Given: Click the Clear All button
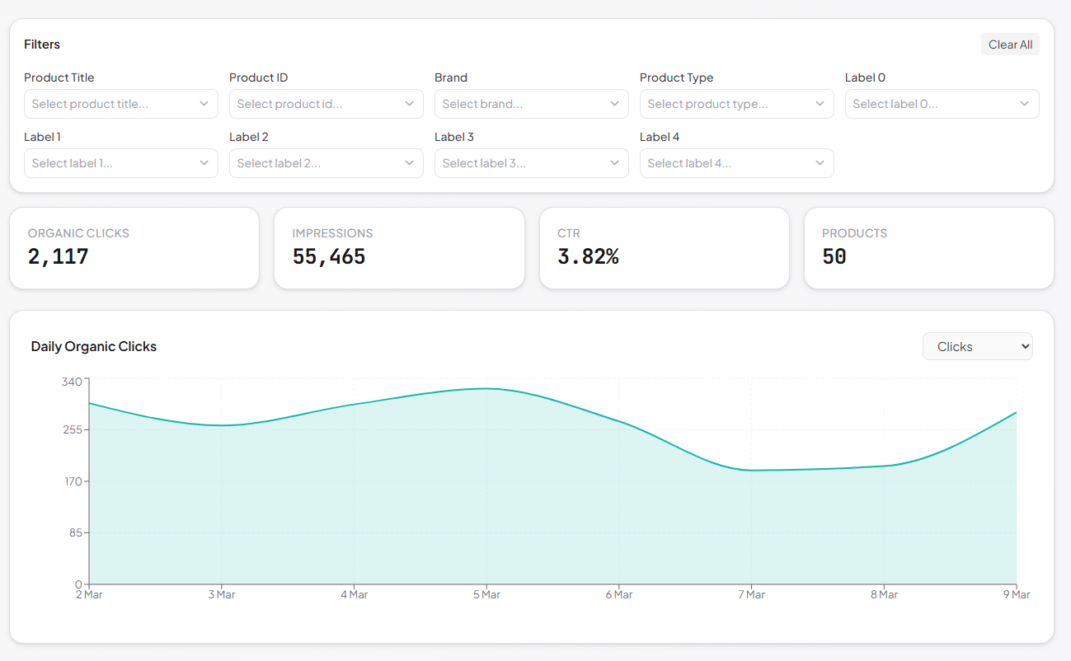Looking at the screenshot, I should [x=1010, y=45].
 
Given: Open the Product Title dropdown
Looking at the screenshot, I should [x=120, y=104].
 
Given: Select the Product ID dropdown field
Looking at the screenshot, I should [x=326, y=104].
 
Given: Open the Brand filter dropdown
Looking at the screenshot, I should [x=531, y=104].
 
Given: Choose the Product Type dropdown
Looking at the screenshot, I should [x=736, y=104].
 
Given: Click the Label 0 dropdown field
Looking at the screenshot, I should [x=942, y=104].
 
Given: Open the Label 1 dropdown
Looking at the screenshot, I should [x=120, y=163].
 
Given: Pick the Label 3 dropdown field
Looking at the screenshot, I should [x=531, y=163].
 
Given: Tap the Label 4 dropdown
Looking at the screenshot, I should [x=736, y=163].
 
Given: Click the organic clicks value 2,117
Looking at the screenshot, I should [x=59, y=256].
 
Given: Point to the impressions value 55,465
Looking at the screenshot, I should [x=329, y=256].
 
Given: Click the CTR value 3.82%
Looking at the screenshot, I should [x=588, y=256].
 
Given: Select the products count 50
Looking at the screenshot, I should [x=834, y=256].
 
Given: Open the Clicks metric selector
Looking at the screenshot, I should [x=977, y=347].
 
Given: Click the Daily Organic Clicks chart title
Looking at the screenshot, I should [x=94, y=347].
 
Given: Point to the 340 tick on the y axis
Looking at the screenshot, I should [x=72, y=381].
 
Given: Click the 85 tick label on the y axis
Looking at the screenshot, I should [x=75, y=532].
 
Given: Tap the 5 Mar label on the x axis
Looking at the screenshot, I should [x=486, y=594].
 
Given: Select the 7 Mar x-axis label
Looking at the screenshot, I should [x=751, y=594].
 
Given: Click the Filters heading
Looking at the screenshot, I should [x=42, y=45].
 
